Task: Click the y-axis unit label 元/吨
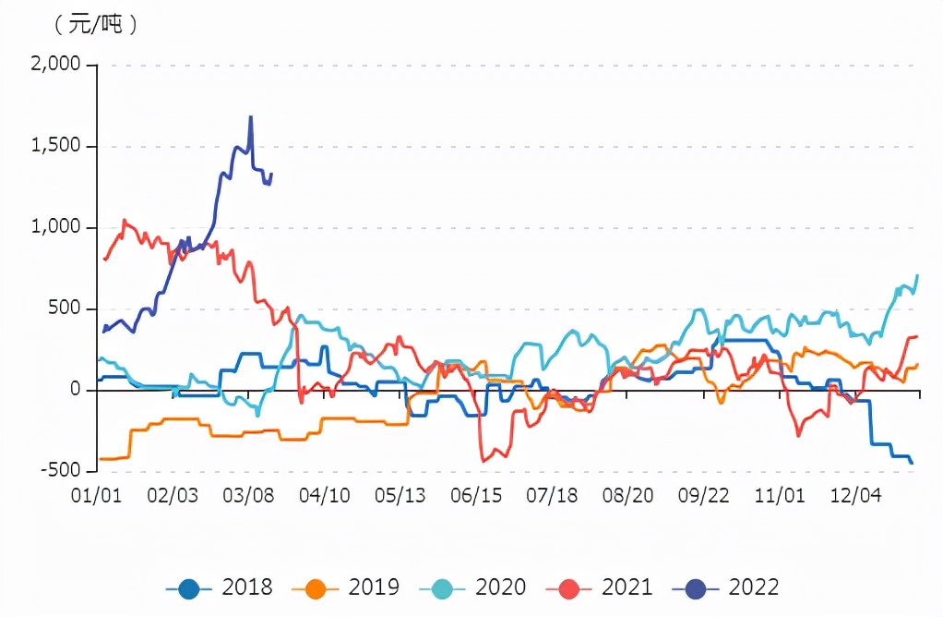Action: (96, 25)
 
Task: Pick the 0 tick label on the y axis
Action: (78, 390)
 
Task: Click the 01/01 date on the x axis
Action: (97, 496)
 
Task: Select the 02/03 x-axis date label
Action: (173, 496)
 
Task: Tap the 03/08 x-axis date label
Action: (249, 496)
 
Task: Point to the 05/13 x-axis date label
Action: (400, 496)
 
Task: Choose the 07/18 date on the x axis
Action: (552, 496)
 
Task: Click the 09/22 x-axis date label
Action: (704, 496)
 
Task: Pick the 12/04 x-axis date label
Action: (856, 496)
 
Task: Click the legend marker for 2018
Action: (189, 587)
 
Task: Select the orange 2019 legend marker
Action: (316, 587)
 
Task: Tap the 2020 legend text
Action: (500, 587)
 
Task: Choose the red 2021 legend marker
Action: (569, 587)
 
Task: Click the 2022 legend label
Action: (754, 587)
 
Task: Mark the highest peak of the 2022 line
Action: (250, 117)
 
